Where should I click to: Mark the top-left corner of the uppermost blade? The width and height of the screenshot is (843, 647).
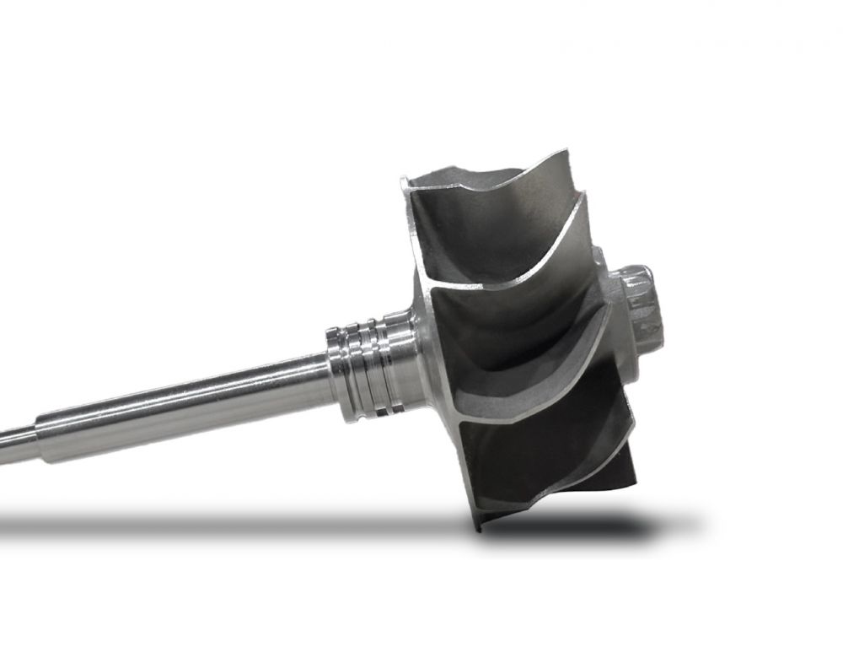pyautogui.click(x=405, y=180)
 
